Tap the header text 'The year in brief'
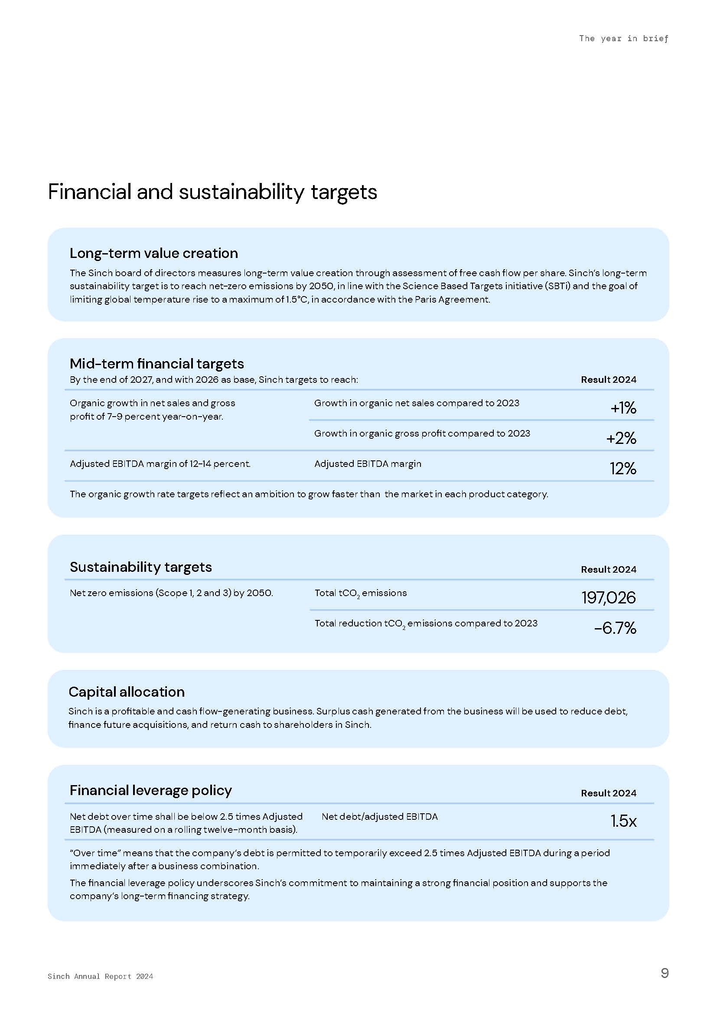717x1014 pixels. coord(623,39)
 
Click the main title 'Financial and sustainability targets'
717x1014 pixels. coord(212,192)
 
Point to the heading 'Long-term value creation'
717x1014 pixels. coord(153,253)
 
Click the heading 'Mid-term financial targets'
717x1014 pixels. coord(157,363)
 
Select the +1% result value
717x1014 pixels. coord(623,408)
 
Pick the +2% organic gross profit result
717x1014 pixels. coord(621,438)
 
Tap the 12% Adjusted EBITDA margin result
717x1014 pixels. coord(622,469)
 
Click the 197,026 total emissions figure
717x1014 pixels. coord(608,597)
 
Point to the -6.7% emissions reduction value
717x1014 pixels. coord(615,628)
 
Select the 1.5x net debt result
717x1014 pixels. coord(623,821)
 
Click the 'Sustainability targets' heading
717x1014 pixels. coord(141,567)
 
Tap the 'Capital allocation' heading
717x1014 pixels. coord(127,691)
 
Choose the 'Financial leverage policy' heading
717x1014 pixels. coord(150,790)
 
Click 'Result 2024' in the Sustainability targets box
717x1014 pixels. coord(608,569)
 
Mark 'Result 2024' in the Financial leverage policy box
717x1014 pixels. coord(608,793)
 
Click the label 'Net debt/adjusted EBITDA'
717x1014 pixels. coord(379,817)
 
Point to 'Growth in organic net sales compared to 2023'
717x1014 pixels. coord(416,403)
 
